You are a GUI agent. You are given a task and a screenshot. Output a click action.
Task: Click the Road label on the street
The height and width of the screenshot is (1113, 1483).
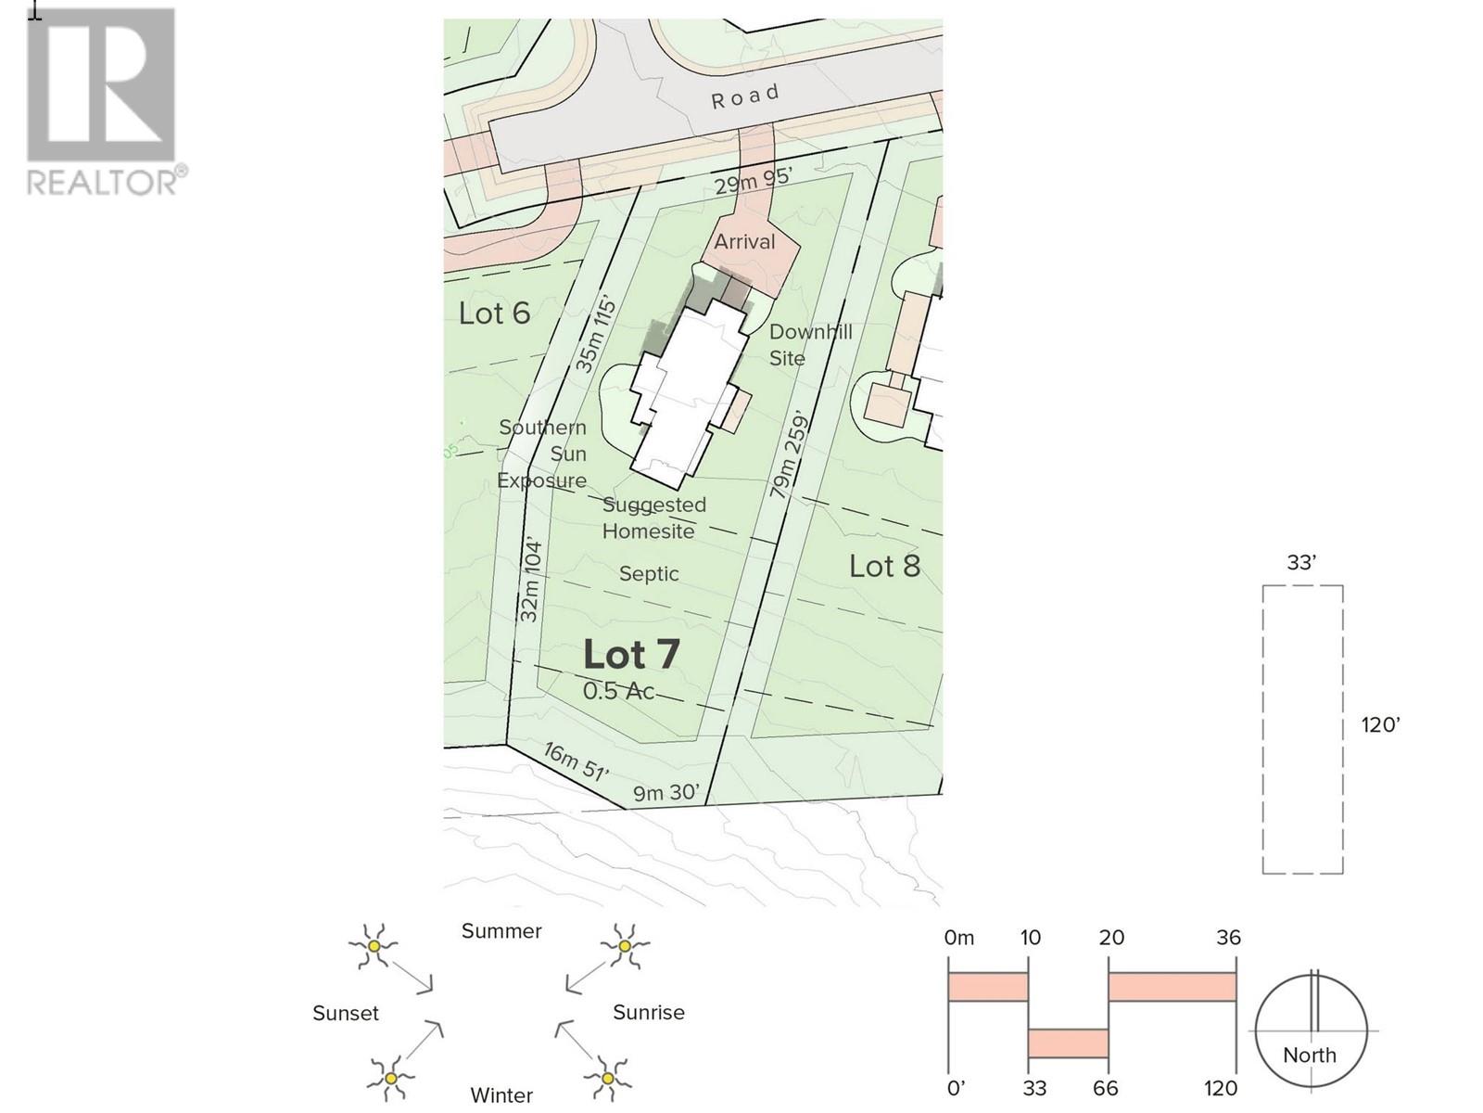pos(745,96)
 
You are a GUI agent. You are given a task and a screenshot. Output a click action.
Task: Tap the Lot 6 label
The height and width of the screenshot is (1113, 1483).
pos(494,313)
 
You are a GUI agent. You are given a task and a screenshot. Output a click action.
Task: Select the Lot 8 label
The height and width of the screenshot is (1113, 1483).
pos(884,567)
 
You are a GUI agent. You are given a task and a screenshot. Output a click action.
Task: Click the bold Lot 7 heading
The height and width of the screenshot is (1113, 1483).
pos(631,654)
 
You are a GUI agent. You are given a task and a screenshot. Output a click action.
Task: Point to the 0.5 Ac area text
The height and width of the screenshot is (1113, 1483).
pos(618,691)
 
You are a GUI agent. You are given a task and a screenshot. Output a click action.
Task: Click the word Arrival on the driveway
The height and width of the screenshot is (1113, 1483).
pos(744,242)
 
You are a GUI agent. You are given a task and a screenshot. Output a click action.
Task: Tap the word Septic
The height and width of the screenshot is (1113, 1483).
pos(649,574)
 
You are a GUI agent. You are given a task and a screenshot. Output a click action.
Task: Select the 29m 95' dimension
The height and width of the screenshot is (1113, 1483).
pos(753,181)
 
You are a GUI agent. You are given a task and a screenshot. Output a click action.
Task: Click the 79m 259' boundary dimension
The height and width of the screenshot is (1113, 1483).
pos(789,454)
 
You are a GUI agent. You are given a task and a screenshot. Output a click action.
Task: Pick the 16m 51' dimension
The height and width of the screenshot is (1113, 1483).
pos(577,761)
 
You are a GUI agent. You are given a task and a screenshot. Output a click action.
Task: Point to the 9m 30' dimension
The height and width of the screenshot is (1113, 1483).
pos(665,792)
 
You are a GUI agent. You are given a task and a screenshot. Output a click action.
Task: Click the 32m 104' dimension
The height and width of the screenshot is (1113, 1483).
pos(530,581)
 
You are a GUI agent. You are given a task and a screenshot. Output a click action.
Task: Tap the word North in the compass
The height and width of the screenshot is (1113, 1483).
pos(1309,1055)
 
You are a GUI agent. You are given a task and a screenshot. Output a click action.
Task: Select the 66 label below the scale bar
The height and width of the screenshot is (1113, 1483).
pos(1105,1088)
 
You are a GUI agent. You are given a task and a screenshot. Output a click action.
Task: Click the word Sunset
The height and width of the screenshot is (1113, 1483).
pos(345,1013)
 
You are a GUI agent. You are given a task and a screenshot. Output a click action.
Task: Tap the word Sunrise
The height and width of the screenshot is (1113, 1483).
pos(649,1012)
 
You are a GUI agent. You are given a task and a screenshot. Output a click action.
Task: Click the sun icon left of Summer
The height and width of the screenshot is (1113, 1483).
pos(374,946)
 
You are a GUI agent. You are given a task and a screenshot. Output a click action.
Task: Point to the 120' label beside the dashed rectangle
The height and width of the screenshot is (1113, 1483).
pos(1380,725)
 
